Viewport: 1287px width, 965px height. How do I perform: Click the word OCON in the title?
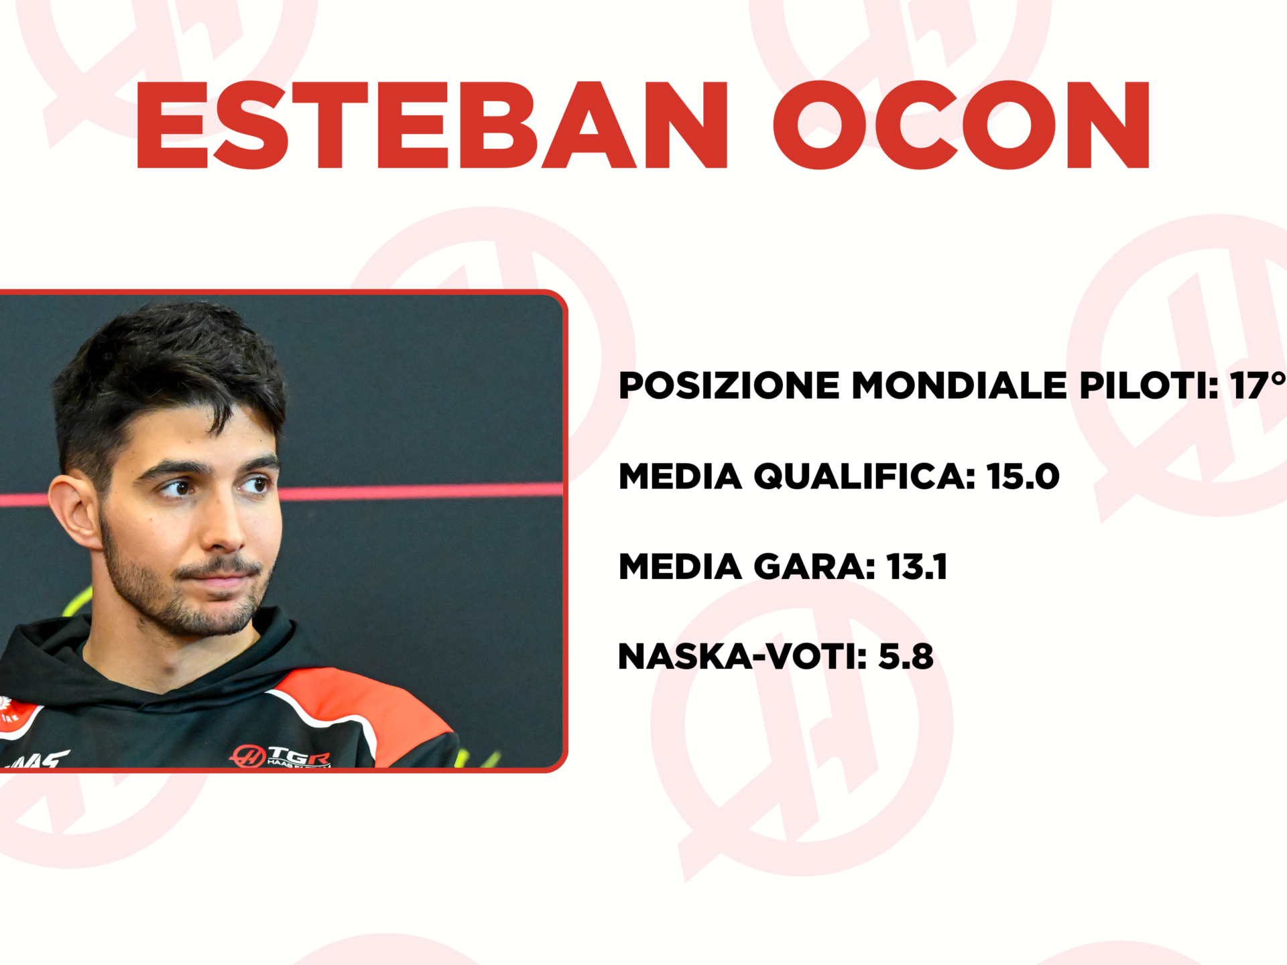962,125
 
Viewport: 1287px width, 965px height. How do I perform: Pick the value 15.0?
1023,476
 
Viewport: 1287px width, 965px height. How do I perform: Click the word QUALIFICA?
864,476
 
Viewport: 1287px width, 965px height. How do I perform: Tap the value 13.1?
916,566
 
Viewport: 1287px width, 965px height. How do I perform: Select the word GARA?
814,566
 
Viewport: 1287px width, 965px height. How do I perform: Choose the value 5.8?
906,656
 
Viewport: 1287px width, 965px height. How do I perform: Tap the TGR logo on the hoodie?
282,757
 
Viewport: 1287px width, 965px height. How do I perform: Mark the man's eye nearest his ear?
177,487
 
